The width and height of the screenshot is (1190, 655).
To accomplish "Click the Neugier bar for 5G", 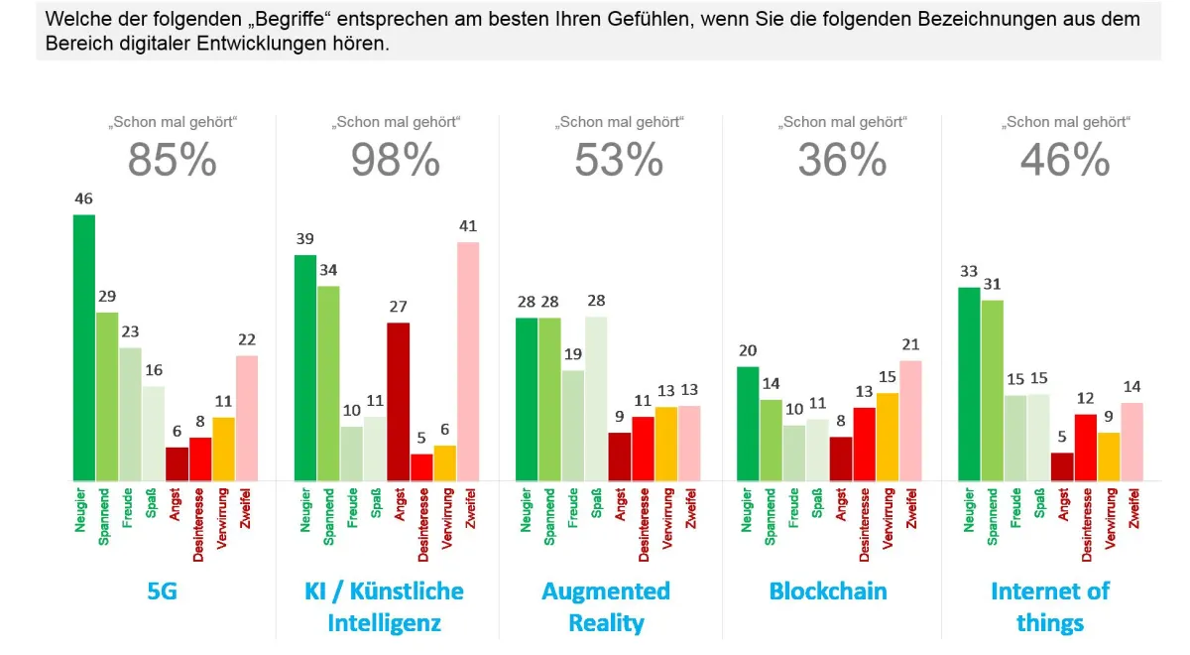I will (x=84, y=347).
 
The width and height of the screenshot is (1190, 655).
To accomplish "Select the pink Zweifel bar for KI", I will (x=468, y=361).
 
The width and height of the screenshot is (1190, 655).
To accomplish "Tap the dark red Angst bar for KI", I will (x=398, y=402).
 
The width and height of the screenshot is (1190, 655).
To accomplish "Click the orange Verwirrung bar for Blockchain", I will (x=888, y=437).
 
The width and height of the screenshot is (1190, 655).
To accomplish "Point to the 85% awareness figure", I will (x=172, y=160).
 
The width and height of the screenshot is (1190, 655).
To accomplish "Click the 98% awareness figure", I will (x=396, y=160).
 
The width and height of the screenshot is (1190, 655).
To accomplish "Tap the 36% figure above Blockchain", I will (x=843, y=160).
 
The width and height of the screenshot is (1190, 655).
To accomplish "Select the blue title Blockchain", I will (x=828, y=591).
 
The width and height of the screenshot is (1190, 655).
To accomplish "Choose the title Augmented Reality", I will (x=606, y=607).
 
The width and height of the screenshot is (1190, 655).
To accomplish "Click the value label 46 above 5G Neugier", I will (x=84, y=199).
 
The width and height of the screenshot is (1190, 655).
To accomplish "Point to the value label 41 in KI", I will (x=468, y=226).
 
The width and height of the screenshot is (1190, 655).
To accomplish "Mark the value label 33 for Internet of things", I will (x=969, y=271).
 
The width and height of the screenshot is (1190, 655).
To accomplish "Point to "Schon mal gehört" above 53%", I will (x=619, y=123).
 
